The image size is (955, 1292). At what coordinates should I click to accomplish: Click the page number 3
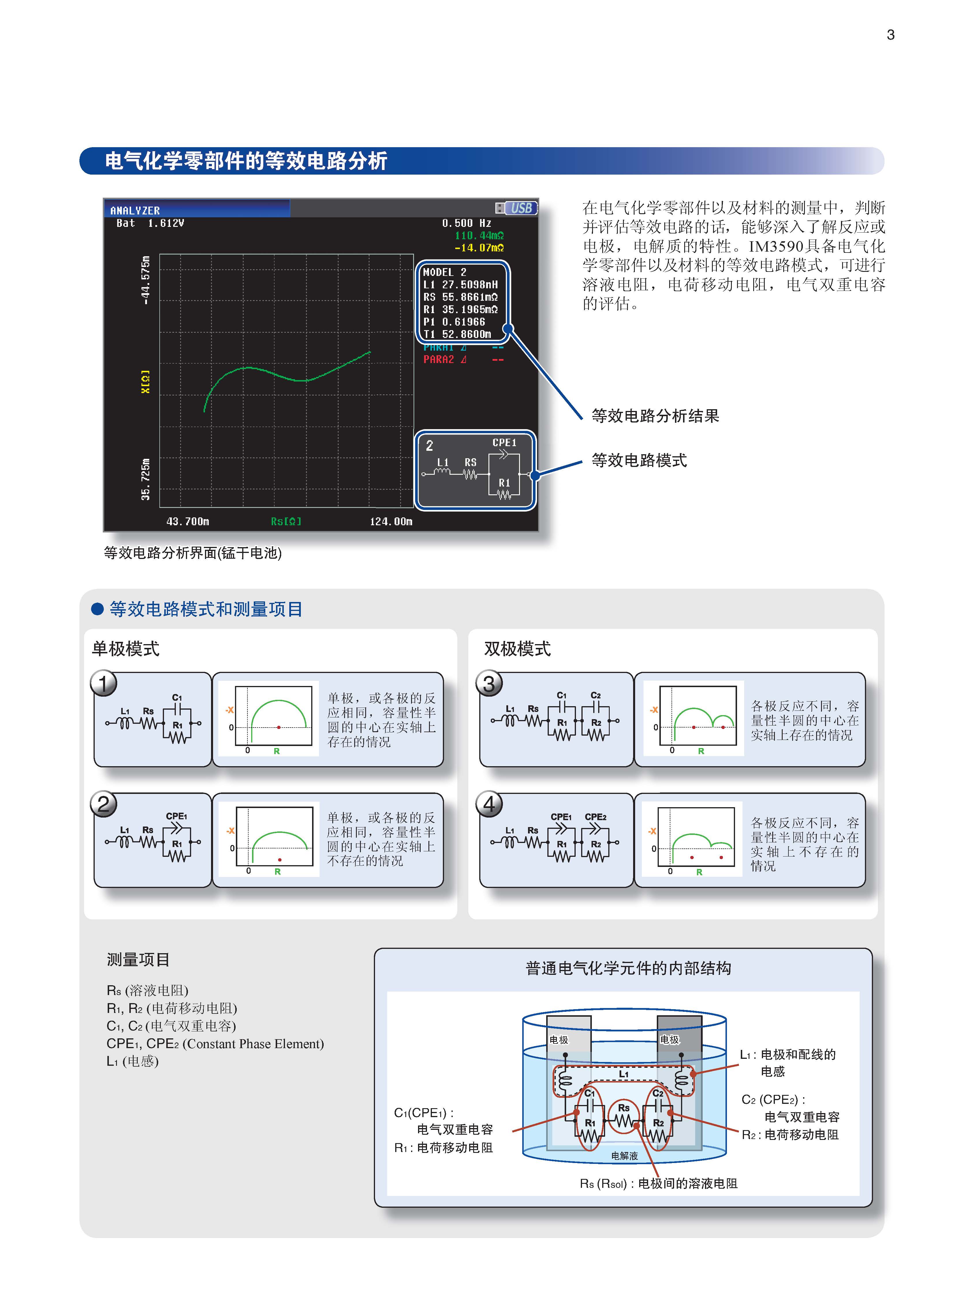[x=890, y=35]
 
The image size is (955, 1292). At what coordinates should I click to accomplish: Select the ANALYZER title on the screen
[x=135, y=210]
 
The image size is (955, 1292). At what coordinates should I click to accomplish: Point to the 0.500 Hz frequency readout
[x=467, y=223]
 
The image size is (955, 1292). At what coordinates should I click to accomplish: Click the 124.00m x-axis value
[x=391, y=521]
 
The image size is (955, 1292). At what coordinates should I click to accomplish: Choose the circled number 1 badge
[x=103, y=684]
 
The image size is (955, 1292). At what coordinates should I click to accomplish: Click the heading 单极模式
[x=126, y=649]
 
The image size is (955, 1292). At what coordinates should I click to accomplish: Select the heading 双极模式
[x=517, y=649]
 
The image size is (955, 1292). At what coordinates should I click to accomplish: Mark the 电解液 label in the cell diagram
[x=624, y=1155]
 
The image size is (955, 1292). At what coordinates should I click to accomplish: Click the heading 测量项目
[x=138, y=960]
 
